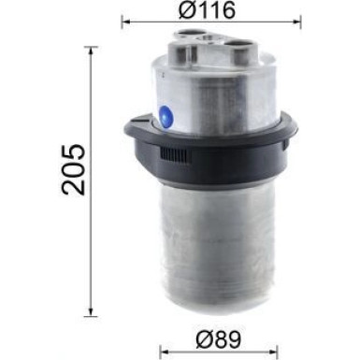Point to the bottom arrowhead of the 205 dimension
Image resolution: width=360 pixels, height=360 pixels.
91,313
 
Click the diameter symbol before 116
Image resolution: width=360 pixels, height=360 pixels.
183,11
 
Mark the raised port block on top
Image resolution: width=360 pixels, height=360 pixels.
209,42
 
